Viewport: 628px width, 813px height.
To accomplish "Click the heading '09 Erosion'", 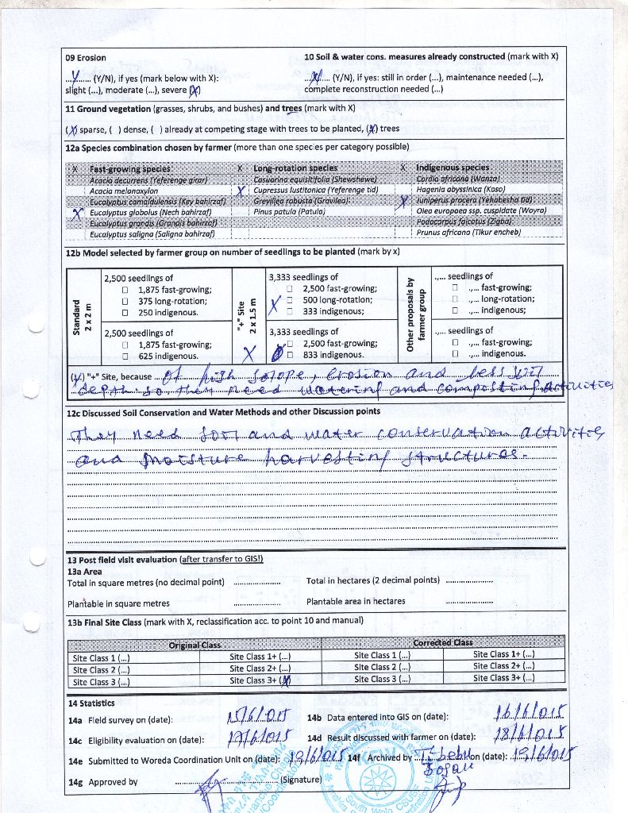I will (x=86, y=58).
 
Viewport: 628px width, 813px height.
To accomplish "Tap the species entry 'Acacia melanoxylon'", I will (x=123, y=191).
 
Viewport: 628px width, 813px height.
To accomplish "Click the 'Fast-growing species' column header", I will (x=129, y=169).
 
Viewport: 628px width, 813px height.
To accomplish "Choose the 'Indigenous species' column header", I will (x=453, y=168).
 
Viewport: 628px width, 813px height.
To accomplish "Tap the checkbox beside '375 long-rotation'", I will (x=125, y=302).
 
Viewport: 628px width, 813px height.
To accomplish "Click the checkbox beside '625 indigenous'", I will (x=125, y=356).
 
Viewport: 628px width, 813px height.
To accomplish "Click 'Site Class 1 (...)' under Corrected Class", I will (x=382, y=655).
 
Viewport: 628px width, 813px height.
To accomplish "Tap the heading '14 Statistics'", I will (x=91, y=703).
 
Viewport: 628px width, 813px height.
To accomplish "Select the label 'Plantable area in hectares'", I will (x=356, y=601).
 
